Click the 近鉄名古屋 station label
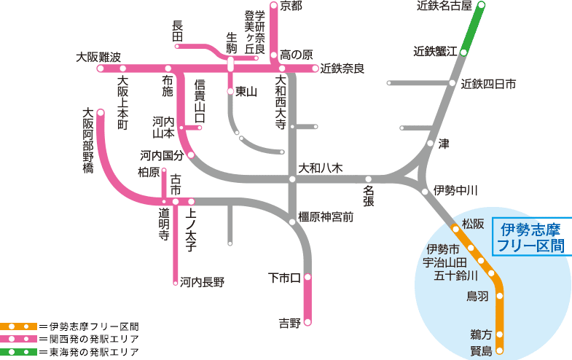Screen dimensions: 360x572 click(444, 6)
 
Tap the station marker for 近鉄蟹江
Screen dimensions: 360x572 click(463, 52)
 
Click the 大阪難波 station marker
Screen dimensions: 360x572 click(101, 69)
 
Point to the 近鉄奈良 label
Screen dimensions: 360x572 click(342, 69)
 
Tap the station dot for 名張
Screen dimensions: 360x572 click(368, 179)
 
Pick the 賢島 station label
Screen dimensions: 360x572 click(482, 351)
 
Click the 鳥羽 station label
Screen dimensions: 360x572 click(477, 296)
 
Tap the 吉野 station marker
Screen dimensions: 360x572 click(307, 322)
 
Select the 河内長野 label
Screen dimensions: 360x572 click(203, 281)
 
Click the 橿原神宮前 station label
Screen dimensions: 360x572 click(326, 216)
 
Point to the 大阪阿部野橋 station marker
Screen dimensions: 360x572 click(101, 113)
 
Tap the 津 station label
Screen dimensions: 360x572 click(444, 144)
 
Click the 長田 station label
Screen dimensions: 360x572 click(177, 31)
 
